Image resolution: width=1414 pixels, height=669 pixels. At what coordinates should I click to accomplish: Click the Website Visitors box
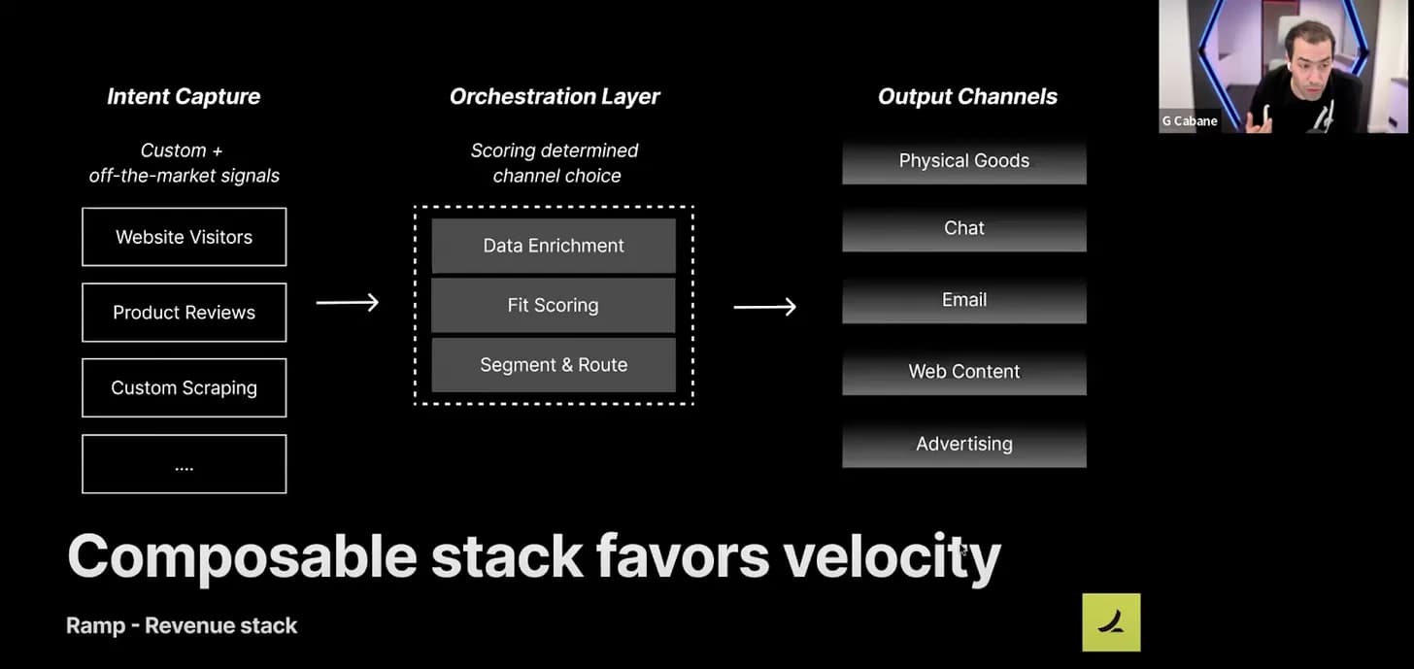184,237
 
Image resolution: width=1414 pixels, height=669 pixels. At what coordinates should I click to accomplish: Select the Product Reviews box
184,313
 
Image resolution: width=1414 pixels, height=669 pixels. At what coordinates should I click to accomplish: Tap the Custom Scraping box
184,387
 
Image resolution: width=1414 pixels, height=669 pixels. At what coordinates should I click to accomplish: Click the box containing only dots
184,464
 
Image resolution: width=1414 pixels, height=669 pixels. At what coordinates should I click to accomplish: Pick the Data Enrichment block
554,246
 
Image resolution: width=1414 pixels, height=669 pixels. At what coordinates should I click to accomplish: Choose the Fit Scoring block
554,305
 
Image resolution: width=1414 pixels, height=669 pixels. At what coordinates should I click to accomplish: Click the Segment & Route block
554,365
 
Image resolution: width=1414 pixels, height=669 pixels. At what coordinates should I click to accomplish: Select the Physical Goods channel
964,161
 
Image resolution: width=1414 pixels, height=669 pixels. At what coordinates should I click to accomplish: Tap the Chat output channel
964,228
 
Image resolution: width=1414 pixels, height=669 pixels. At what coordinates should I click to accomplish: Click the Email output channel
964,300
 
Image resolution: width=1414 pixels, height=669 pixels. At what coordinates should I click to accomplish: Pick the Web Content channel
964,372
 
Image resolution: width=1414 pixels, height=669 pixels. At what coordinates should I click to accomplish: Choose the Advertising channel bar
964,445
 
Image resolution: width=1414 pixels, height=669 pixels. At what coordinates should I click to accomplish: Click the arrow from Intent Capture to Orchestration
348,302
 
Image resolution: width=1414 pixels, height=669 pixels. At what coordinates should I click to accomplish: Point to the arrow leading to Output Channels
764,307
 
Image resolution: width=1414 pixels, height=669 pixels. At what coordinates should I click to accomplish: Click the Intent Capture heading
184,96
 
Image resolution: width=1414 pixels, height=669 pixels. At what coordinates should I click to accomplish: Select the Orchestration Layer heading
555,96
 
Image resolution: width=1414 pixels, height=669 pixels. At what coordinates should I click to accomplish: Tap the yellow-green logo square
1111,622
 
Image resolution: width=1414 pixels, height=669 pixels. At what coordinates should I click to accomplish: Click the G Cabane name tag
1190,120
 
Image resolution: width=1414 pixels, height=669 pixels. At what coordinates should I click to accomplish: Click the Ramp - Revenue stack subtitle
182,626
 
